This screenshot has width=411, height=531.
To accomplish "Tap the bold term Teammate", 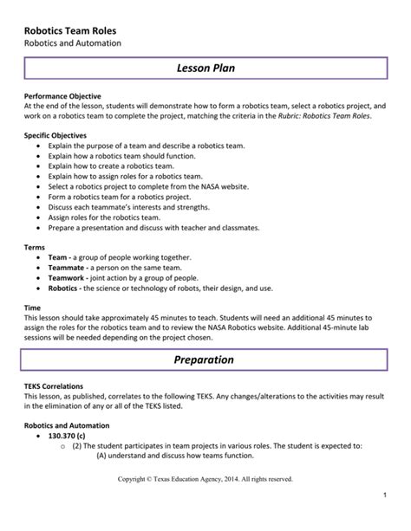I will click(67, 269).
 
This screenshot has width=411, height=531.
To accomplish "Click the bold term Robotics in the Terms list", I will click(65, 288).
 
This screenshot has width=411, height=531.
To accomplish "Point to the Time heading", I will click(33, 308).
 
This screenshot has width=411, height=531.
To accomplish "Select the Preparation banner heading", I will click(205, 359).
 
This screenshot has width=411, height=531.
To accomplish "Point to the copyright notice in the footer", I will click(205, 478).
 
